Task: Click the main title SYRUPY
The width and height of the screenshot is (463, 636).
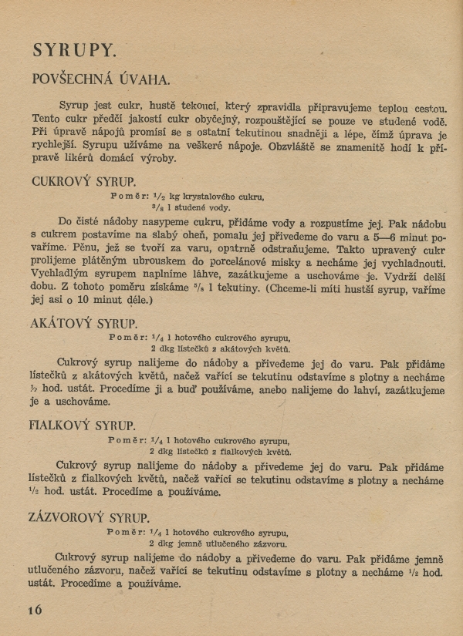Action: point(74,51)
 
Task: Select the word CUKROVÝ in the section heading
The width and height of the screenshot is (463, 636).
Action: point(62,182)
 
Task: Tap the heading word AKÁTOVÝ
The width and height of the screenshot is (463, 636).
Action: point(63,324)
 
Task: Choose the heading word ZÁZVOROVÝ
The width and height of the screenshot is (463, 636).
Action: point(70,517)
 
